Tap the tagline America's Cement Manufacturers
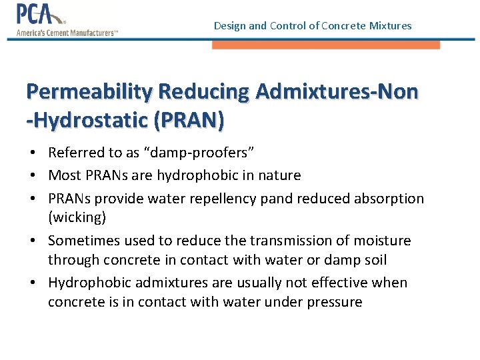(67, 33)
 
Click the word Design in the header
(229, 26)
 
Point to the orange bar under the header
(326, 45)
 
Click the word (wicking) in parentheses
(77, 217)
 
